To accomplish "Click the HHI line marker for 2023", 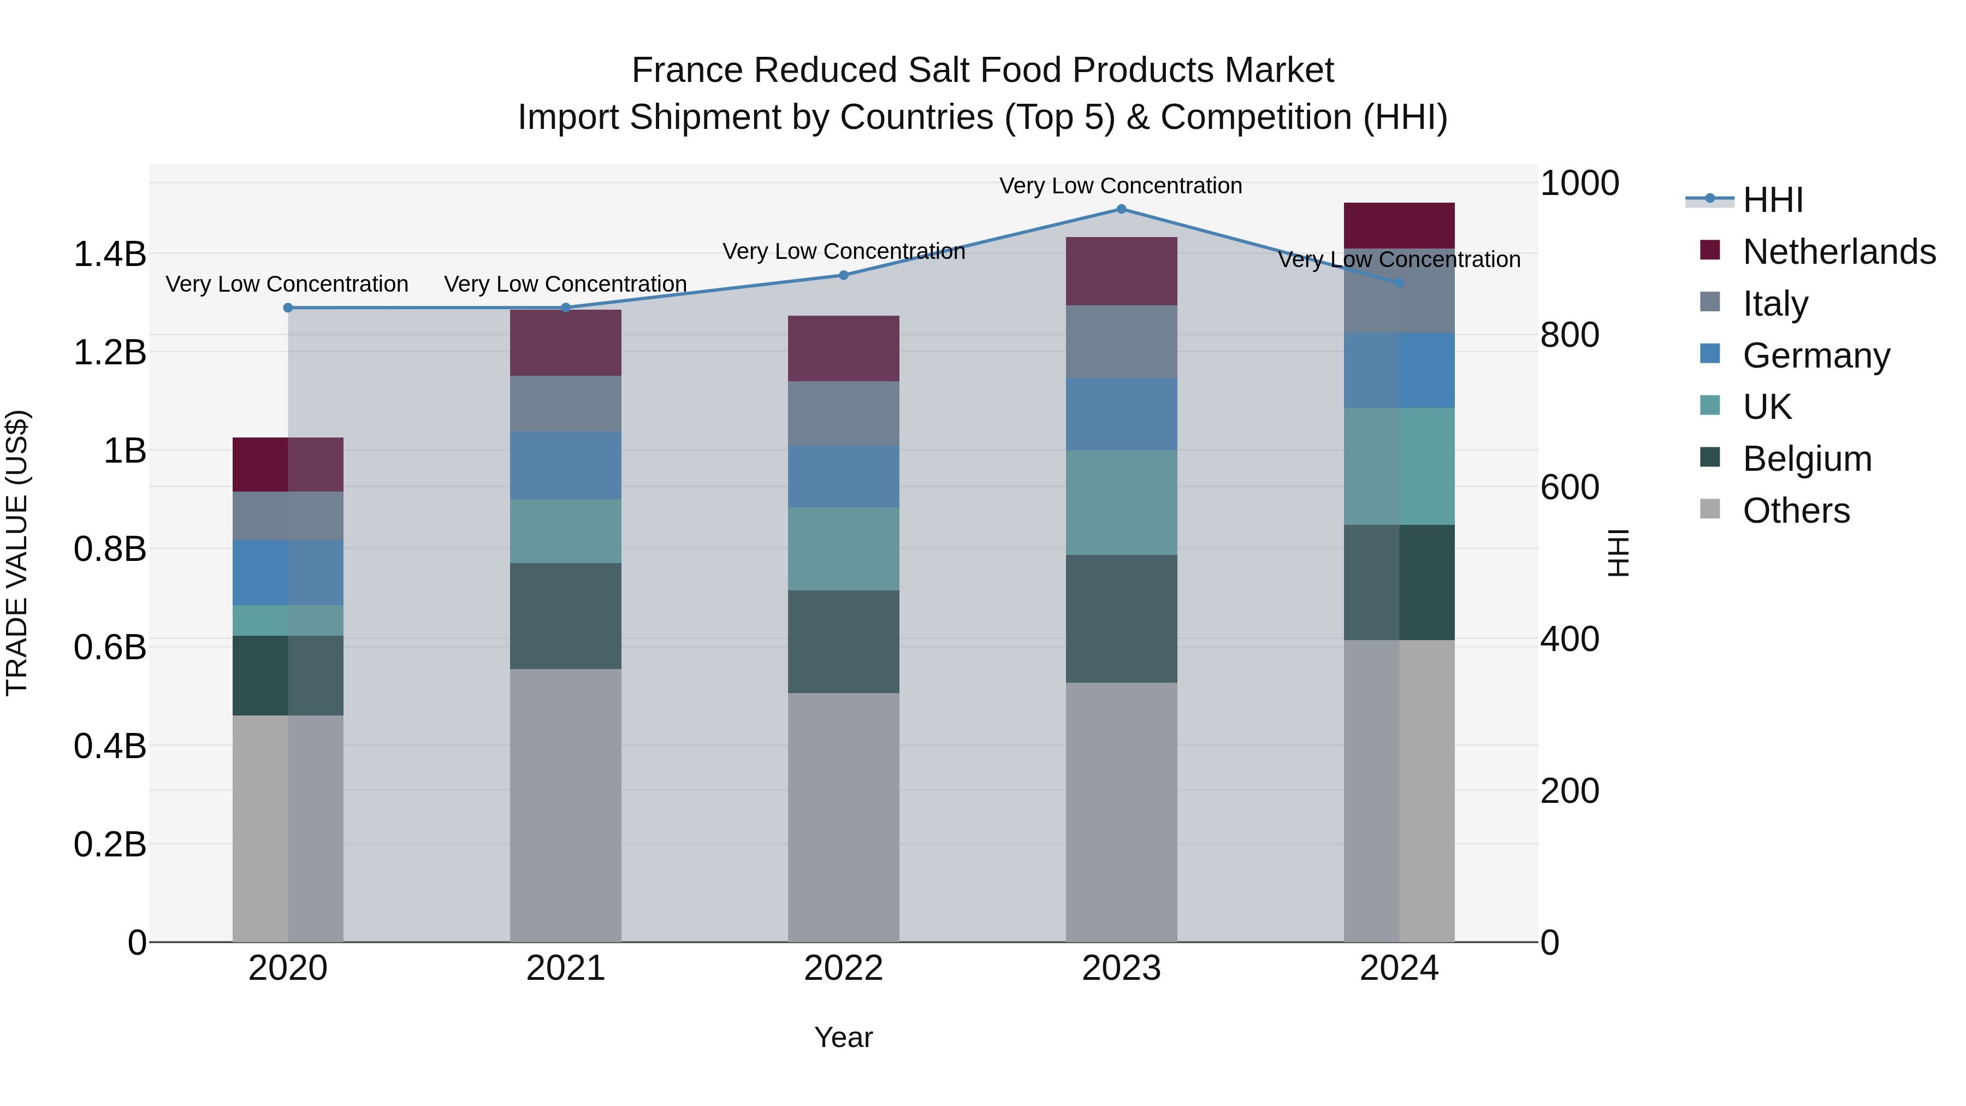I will tap(1121, 209).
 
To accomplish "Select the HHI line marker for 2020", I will tap(288, 307).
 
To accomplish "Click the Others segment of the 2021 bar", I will tap(566, 805).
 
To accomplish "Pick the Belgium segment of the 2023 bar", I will tap(1121, 618).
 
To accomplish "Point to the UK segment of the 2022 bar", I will tap(843, 549).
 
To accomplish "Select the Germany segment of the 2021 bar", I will tap(566, 465).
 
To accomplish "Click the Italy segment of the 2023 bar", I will tap(1121, 341).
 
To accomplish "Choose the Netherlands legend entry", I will tap(1839, 252).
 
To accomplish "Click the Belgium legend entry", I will tap(1807, 459).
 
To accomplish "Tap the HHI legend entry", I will tap(1772, 200).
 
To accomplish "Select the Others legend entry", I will tap(1796, 511).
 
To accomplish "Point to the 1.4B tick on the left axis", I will tap(110, 254).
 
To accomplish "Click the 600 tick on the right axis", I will tap(1569, 487).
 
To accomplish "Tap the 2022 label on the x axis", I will tap(843, 968).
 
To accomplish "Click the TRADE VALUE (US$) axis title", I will tap(17, 553).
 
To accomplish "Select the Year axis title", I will tap(843, 1037).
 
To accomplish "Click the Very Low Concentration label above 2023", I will tap(1121, 186).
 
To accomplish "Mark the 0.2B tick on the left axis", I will tap(110, 845).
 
